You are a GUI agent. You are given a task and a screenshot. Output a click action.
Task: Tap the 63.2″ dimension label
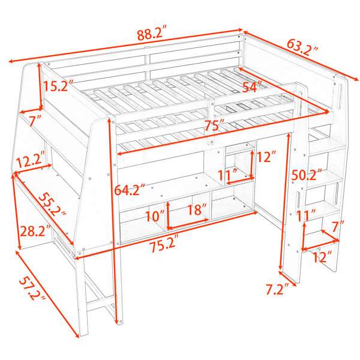tap(303, 47)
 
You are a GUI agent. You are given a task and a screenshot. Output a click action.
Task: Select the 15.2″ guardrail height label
tap(59, 86)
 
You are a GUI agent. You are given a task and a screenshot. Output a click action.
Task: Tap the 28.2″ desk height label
tap(35, 231)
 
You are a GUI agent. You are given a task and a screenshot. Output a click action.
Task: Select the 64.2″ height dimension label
tap(130, 190)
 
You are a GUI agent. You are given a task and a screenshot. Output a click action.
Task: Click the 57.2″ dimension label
tap(31, 289)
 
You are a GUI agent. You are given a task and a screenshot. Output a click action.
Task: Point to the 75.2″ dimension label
tap(164, 246)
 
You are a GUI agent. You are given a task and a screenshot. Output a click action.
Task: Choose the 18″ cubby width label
tap(197, 209)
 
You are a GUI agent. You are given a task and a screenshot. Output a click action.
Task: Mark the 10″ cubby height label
tap(155, 215)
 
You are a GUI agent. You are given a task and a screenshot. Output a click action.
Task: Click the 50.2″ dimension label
tap(307, 175)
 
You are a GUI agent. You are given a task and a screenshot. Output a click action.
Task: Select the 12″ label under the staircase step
tap(323, 256)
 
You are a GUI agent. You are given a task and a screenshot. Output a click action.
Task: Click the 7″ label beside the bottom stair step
tap(338, 227)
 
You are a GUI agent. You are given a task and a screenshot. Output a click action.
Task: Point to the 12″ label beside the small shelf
tap(266, 157)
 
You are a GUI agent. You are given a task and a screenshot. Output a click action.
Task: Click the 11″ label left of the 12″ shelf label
tap(227, 175)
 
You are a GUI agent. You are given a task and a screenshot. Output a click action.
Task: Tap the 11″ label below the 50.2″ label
tap(307, 215)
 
